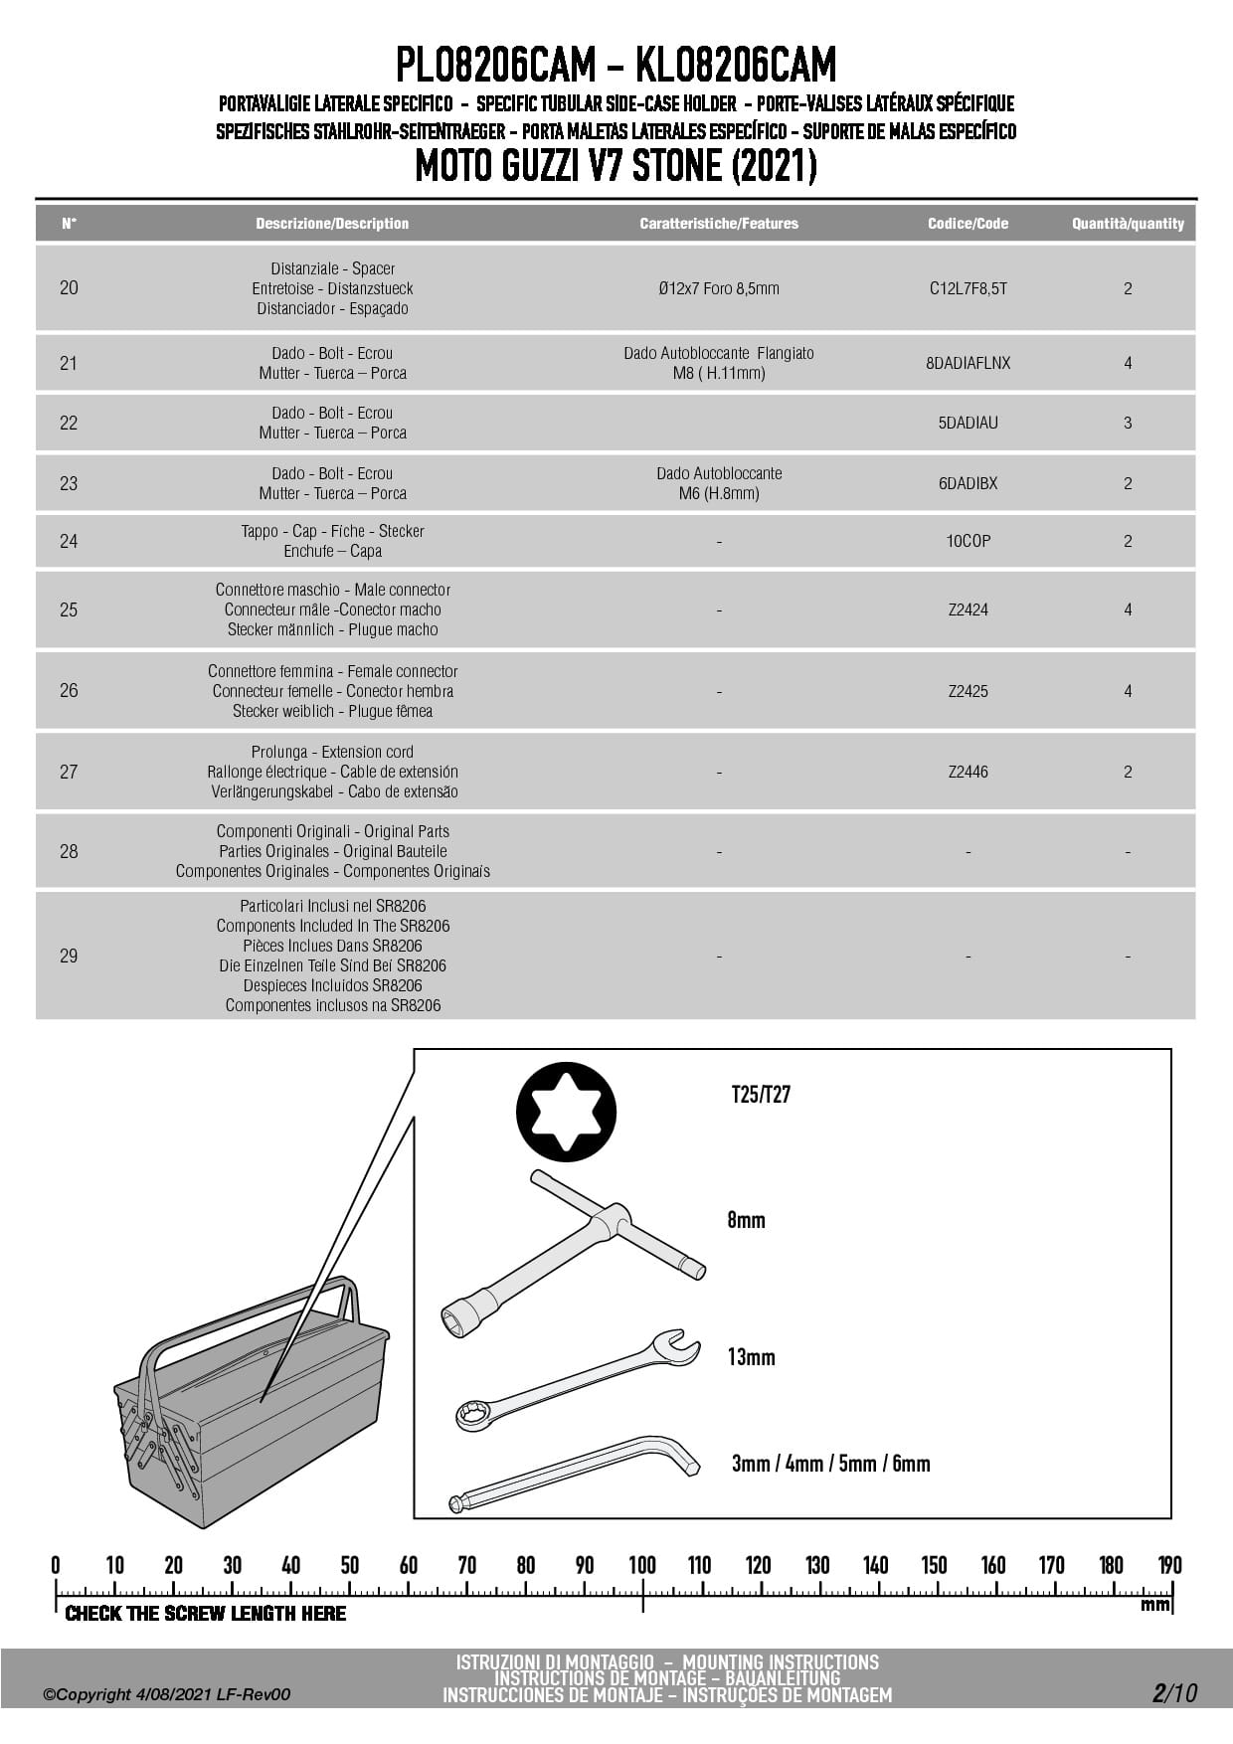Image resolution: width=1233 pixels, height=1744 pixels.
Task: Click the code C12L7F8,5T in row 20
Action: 968,288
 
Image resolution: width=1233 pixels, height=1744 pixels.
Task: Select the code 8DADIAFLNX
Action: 968,363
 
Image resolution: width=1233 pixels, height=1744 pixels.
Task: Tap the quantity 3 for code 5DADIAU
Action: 1128,423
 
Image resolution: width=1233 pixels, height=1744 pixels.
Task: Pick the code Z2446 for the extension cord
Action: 968,772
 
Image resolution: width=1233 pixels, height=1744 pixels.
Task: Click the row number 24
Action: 69,541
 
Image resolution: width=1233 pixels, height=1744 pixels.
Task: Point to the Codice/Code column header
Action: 968,224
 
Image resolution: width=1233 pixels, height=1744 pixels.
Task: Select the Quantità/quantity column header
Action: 1128,224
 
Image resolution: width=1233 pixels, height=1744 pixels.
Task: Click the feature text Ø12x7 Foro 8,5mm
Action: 718,288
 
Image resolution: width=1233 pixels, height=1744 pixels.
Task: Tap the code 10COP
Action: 968,541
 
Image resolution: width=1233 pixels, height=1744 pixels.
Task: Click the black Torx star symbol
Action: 566,1112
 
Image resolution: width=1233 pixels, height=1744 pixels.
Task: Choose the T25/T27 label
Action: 761,1095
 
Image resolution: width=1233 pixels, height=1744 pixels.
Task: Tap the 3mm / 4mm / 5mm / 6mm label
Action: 830,1464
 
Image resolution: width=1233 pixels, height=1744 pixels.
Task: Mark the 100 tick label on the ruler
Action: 642,1565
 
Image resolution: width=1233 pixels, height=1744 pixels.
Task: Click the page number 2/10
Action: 1174,1692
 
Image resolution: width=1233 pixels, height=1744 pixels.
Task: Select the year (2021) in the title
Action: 773,166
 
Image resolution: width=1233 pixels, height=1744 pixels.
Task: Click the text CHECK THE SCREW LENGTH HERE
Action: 206,1613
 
